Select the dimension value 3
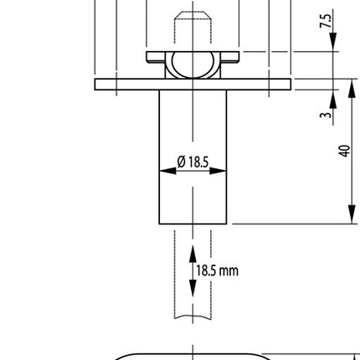click(x=326, y=114)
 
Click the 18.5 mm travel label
click(x=217, y=270)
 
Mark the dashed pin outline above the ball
click(x=193, y=29)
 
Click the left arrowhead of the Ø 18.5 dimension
click(x=164, y=170)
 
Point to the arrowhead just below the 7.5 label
click(x=333, y=45)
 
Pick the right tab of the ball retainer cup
click(x=232, y=57)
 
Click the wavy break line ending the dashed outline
click(x=193, y=316)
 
